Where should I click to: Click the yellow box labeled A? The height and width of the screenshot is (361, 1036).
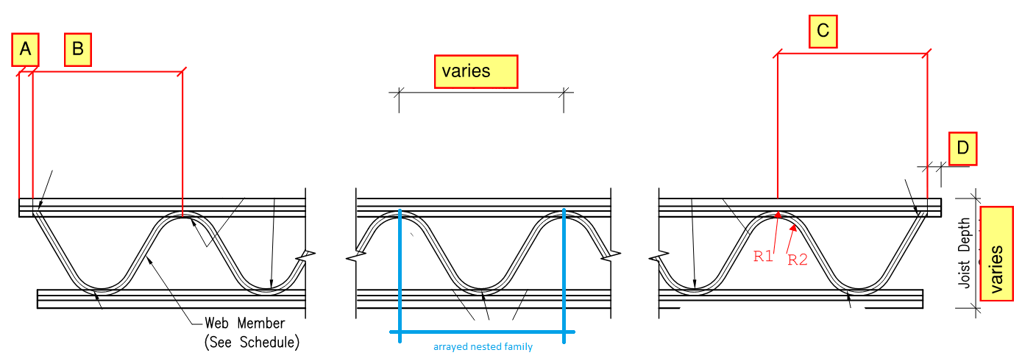pos(25,50)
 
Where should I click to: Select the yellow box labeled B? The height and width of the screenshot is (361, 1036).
pos(78,50)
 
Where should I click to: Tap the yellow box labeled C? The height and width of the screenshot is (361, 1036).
pos(823,31)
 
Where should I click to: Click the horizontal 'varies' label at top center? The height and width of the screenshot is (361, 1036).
pos(475,71)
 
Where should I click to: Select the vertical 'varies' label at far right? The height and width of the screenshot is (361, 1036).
pos(997,254)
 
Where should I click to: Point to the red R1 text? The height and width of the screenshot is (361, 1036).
pos(763,257)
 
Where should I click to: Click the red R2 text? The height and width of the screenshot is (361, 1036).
pos(798,259)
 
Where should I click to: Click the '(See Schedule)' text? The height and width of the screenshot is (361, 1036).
pos(251,343)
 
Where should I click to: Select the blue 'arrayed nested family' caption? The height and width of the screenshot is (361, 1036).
pos(483,347)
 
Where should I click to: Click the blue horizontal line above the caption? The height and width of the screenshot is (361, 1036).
pos(482,332)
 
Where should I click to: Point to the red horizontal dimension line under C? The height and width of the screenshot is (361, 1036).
pos(852,54)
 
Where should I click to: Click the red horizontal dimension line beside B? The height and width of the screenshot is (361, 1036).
pos(107,71)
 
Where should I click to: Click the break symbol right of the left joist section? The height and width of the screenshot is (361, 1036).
pos(308,257)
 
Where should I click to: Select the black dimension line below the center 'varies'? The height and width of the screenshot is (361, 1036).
pos(481,93)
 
